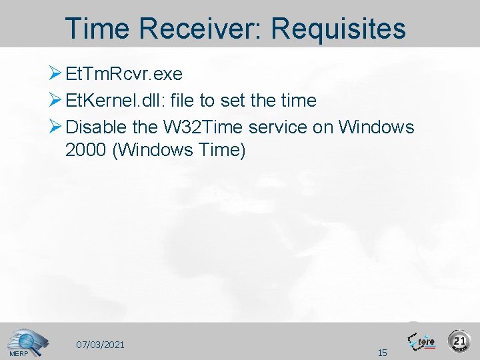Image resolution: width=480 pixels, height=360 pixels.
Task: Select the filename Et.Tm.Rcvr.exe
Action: [x=125, y=73]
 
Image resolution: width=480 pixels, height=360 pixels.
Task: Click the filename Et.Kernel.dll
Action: [x=116, y=101]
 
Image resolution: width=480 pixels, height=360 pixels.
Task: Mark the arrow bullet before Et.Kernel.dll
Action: [x=56, y=101]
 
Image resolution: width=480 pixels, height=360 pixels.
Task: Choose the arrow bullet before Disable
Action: [x=56, y=127]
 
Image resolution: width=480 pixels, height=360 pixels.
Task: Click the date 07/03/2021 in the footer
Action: [x=100, y=345]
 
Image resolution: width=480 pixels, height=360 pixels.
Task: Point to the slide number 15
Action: [x=382, y=352]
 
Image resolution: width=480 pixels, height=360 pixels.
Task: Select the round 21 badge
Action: [x=459, y=341]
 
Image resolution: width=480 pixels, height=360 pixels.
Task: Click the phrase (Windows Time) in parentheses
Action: [x=179, y=151]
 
